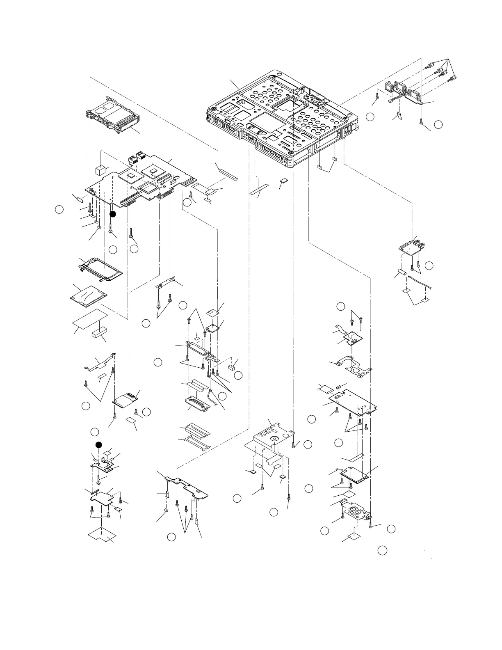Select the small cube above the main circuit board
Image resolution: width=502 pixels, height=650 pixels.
[100, 170]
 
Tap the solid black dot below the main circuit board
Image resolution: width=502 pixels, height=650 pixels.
[113, 214]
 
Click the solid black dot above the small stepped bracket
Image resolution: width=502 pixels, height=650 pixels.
[98, 445]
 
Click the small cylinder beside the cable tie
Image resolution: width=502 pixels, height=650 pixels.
[402, 273]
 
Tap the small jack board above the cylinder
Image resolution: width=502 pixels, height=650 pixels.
[411, 248]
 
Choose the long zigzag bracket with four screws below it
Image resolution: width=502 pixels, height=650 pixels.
[187, 487]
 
